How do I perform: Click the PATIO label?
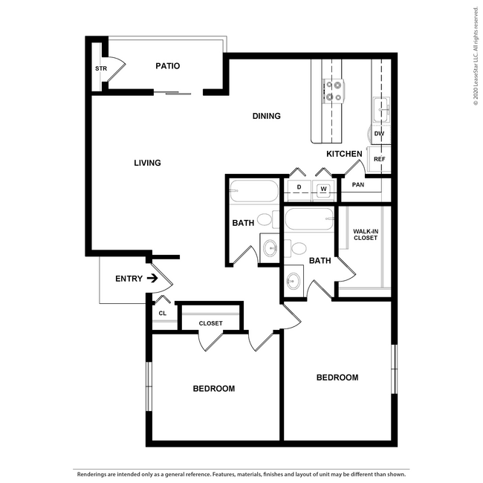(167, 66)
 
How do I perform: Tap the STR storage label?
(100, 68)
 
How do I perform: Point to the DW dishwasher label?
(379, 134)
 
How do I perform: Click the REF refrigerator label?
(379, 159)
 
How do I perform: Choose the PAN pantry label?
(358, 185)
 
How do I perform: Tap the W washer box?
(323, 189)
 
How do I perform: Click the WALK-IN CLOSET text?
(365, 235)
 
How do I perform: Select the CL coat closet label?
(162, 314)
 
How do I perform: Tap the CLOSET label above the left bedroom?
(210, 323)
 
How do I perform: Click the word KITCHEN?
(344, 154)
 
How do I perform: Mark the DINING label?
(266, 116)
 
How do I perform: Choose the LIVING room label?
(147, 163)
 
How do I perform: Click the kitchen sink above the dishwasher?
(380, 110)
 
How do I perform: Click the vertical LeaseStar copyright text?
(476, 56)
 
